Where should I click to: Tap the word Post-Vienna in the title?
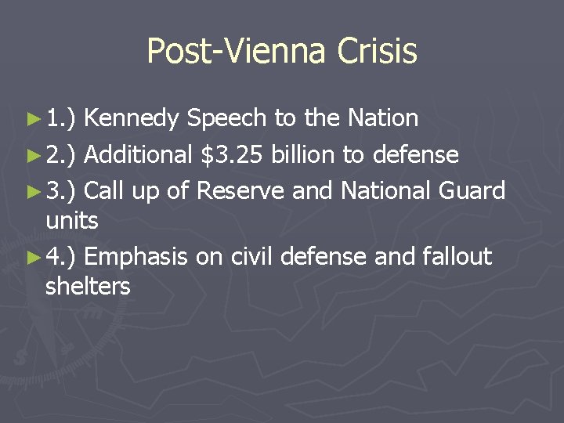point(237,52)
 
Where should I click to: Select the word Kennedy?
point(134,118)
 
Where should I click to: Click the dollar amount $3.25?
point(233,154)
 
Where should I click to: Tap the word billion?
point(305,154)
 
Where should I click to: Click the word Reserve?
point(236,190)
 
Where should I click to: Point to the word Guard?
point(473,190)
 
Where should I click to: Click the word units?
point(71,221)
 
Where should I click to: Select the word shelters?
point(88,287)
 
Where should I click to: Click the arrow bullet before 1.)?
point(33,120)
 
